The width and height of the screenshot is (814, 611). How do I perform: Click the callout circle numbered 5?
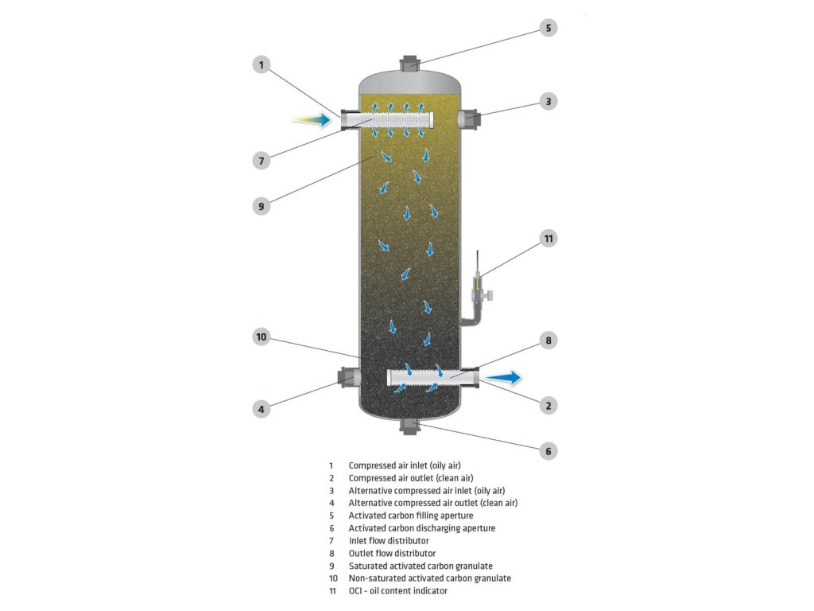pyautogui.click(x=548, y=28)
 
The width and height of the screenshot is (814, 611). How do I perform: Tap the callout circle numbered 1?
pyautogui.click(x=262, y=65)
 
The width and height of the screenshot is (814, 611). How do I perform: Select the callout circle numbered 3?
pyautogui.click(x=548, y=101)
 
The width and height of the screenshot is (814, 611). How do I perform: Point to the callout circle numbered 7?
pyautogui.click(x=262, y=160)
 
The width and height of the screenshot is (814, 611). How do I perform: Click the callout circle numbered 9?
pyautogui.click(x=262, y=205)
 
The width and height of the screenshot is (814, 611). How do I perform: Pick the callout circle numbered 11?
pyautogui.click(x=548, y=238)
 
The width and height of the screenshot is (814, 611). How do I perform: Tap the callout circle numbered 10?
pyautogui.click(x=262, y=337)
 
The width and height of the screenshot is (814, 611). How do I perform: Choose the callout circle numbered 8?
pyautogui.click(x=548, y=341)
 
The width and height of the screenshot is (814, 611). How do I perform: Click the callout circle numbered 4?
pyautogui.click(x=262, y=409)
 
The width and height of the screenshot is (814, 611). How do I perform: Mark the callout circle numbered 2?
pyautogui.click(x=548, y=405)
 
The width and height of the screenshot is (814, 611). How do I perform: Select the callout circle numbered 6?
pyautogui.click(x=548, y=451)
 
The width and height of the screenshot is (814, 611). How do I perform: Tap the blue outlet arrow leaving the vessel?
pyautogui.click(x=503, y=377)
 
